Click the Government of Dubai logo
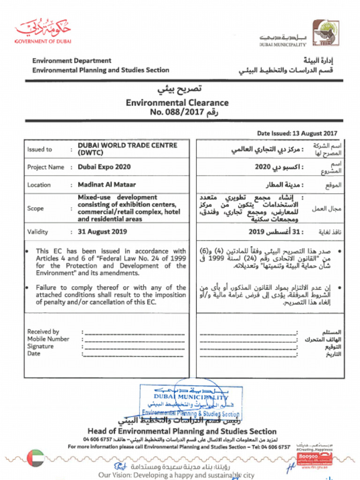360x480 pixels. pos(43,31)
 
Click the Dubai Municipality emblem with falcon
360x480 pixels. pos(326,32)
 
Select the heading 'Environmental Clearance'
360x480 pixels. pos(177,103)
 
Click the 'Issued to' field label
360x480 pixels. pos(39,150)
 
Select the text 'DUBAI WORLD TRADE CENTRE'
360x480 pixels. pos(127,145)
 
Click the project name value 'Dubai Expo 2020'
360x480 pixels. pos(104,167)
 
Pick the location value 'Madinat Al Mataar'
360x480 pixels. pos(107,185)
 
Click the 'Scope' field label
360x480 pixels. pos(35,208)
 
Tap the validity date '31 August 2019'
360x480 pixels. pos(102,232)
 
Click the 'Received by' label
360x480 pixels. pos(43,331)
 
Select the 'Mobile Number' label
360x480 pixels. pos(48,339)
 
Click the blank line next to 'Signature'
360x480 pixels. pos(135,347)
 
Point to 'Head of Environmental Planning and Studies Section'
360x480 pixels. pos(182,431)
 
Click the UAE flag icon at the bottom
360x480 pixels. pos(35,458)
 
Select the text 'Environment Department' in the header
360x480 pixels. pos(72,60)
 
